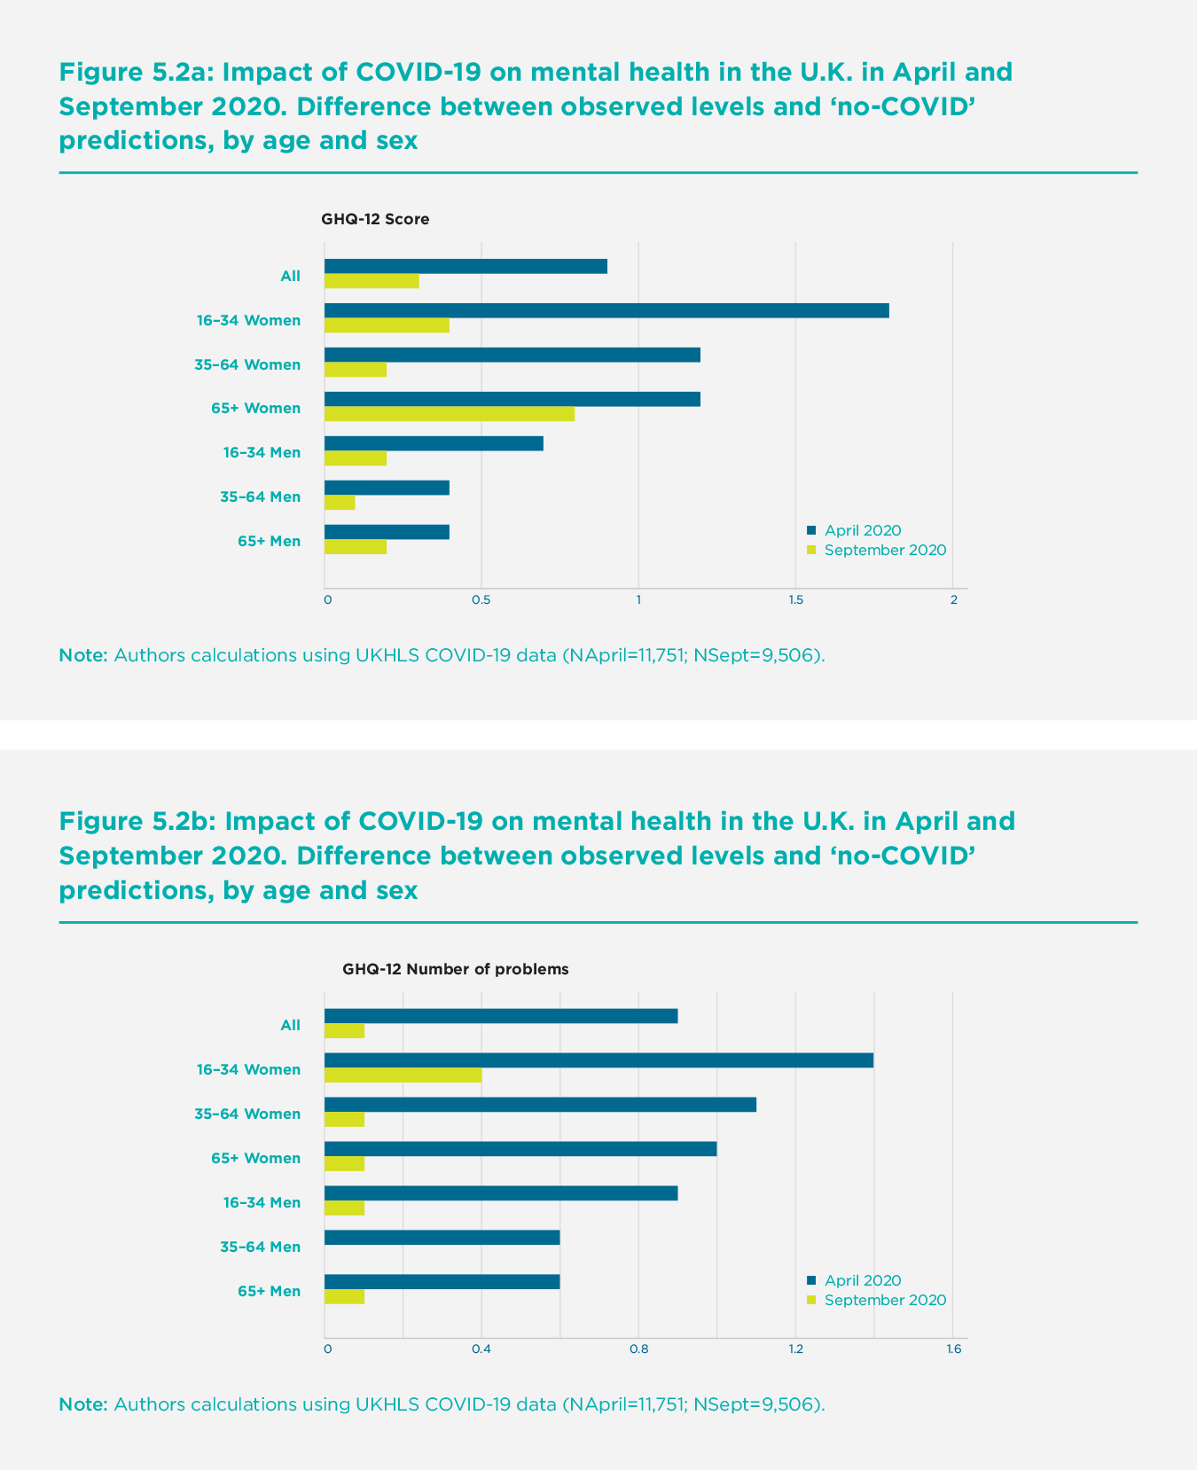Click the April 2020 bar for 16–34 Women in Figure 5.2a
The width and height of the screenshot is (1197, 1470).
coord(606,310)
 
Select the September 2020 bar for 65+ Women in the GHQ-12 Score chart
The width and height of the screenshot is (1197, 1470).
coord(450,414)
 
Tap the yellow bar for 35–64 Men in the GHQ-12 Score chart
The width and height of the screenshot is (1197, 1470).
coord(340,503)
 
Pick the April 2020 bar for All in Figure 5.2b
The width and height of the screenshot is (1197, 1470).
coord(501,1016)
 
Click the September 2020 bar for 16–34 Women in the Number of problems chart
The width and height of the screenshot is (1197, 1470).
coord(403,1075)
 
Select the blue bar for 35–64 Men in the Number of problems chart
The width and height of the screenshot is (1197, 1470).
coord(442,1238)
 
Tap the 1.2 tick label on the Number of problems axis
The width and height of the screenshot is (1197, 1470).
coord(795,1350)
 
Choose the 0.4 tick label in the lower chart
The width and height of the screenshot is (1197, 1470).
coord(481,1350)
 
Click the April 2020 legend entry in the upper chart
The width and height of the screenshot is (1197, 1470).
coord(862,531)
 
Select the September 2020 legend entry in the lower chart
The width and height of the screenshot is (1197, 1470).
coord(884,1301)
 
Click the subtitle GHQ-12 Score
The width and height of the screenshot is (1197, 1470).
coord(375,219)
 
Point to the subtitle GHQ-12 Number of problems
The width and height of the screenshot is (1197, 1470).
coord(456,969)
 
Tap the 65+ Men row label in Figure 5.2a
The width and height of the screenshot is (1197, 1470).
coord(269,541)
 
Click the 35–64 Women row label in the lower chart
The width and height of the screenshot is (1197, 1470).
coord(247,1114)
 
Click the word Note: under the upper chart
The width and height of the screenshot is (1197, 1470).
coord(83,656)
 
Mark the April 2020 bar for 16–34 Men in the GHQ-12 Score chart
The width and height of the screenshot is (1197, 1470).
coord(434,443)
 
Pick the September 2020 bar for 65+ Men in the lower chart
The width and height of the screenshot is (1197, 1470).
coord(345,1297)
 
